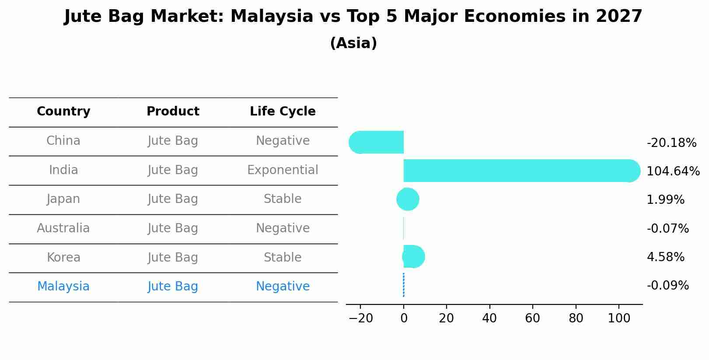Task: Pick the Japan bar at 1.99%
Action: (408, 199)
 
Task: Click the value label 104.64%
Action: (673, 171)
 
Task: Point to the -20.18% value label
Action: (671, 143)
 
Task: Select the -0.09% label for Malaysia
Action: (667, 286)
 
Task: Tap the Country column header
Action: (63, 112)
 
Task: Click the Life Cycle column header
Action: (283, 112)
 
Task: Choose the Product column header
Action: (173, 112)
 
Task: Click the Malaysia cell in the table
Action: (63, 287)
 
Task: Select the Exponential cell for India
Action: (283, 170)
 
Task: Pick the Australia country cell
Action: (63, 228)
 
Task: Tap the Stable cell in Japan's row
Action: (283, 199)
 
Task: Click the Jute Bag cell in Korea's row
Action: (173, 257)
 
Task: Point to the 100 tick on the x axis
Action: (619, 318)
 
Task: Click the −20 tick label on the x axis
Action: (360, 318)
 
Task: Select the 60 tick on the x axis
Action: (532, 318)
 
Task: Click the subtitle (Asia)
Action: (353, 43)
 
